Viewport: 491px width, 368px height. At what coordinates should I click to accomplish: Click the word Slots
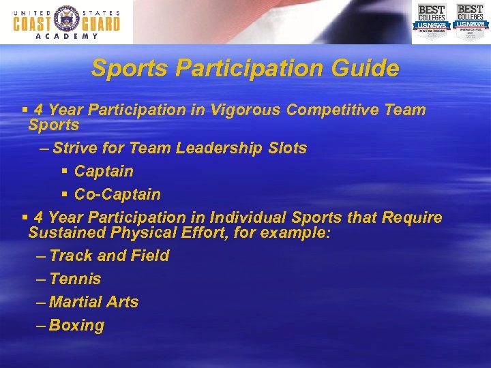coord(285,148)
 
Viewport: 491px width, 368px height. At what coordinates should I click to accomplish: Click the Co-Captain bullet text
coord(117,194)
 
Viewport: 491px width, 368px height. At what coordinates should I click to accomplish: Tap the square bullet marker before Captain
coord(64,172)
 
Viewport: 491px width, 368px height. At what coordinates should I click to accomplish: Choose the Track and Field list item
coord(109,256)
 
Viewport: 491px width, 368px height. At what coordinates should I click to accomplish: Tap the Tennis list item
coord(75,279)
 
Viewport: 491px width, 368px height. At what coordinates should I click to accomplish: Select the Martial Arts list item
coord(93,302)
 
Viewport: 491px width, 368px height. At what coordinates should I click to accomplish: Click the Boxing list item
coord(76,326)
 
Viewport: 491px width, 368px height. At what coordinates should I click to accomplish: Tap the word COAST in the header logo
coord(32,23)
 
